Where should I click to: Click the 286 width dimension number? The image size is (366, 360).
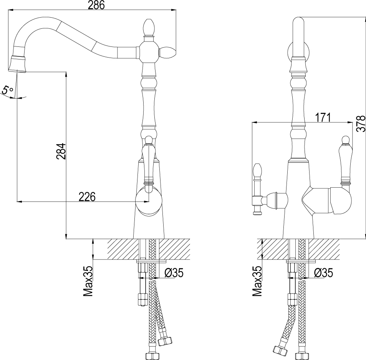(96, 5)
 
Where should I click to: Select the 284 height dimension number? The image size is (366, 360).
(61, 151)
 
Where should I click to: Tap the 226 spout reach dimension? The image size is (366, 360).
(87, 197)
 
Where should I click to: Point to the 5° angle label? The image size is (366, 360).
(7, 91)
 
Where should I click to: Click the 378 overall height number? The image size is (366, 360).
(361, 124)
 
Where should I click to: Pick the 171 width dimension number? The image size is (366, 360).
(323, 117)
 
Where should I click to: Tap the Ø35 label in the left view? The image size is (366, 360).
(174, 273)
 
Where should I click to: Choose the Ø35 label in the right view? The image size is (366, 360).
(323, 273)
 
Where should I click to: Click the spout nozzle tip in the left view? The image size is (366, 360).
(18, 64)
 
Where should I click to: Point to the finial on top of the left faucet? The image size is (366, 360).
(149, 28)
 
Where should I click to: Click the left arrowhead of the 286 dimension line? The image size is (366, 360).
(10, 10)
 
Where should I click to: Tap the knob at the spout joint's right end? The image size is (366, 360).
(167, 53)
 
